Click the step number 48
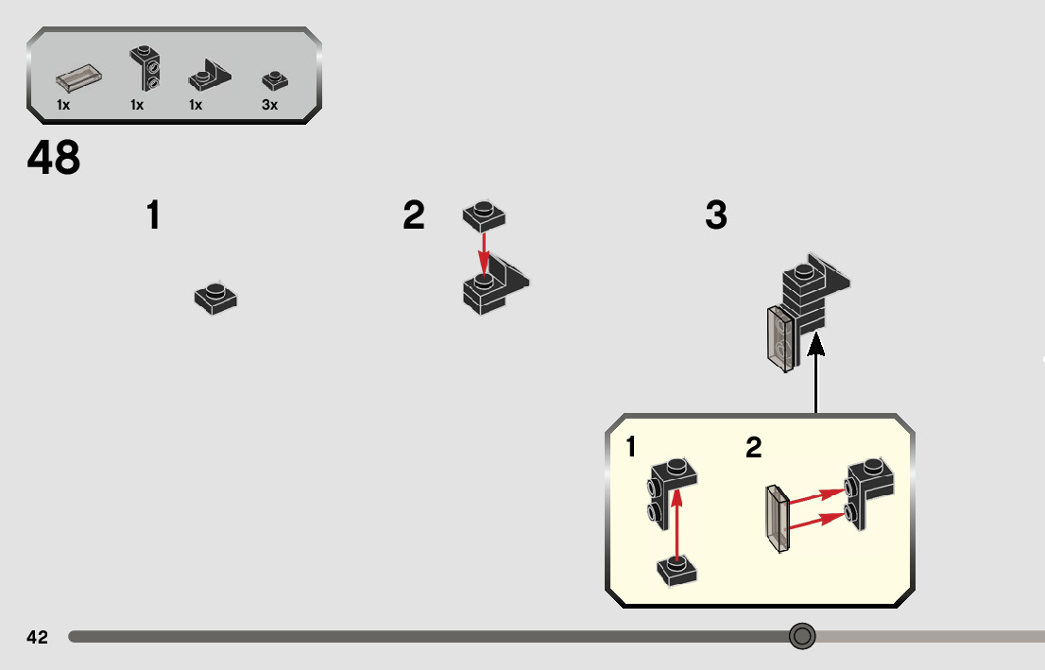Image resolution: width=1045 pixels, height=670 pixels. pos(54,158)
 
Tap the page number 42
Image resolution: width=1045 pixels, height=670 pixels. pos(37,637)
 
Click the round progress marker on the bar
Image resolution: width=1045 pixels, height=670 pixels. pos(802,636)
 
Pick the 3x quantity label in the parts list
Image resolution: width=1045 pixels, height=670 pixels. pos(269,105)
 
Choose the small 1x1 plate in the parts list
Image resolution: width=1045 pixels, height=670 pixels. pos(274,79)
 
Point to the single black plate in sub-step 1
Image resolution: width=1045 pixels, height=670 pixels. pos(215,298)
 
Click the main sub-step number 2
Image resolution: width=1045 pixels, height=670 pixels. pos(414,216)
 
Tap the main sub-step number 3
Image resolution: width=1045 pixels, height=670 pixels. pos(716,216)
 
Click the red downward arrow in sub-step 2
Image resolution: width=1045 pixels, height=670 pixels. pos(484,252)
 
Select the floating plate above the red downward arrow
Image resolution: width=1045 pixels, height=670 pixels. pos(484,216)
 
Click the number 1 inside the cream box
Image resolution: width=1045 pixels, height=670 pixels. pos(630,447)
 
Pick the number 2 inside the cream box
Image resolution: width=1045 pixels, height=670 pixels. pos(753,447)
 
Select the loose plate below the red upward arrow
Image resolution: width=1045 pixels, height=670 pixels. pos(677,570)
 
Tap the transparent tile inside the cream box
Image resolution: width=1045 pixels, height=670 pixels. pos(778,519)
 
